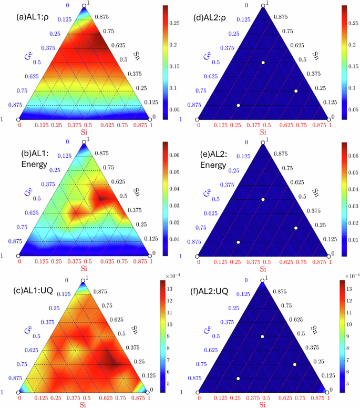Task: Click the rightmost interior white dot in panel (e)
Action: (296, 228)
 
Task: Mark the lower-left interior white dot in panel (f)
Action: (238, 379)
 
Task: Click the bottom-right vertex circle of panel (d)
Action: (328, 120)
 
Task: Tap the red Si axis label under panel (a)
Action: (85, 135)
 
